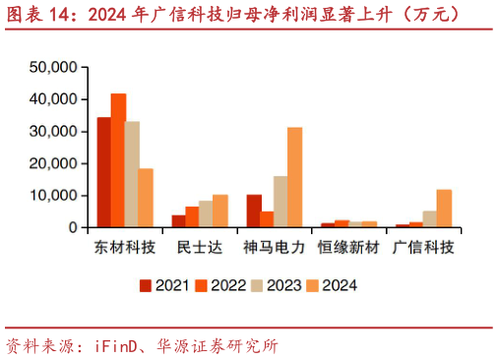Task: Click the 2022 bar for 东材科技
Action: pos(118,160)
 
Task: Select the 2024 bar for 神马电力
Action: pos(295,177)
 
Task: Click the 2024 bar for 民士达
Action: pos(220,210)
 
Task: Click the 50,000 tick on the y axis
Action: pos(55,68)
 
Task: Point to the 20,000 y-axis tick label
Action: pos(55,163)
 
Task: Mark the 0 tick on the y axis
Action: pos(73,227)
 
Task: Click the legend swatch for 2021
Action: pos(146,286)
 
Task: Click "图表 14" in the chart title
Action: pos(38,14)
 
